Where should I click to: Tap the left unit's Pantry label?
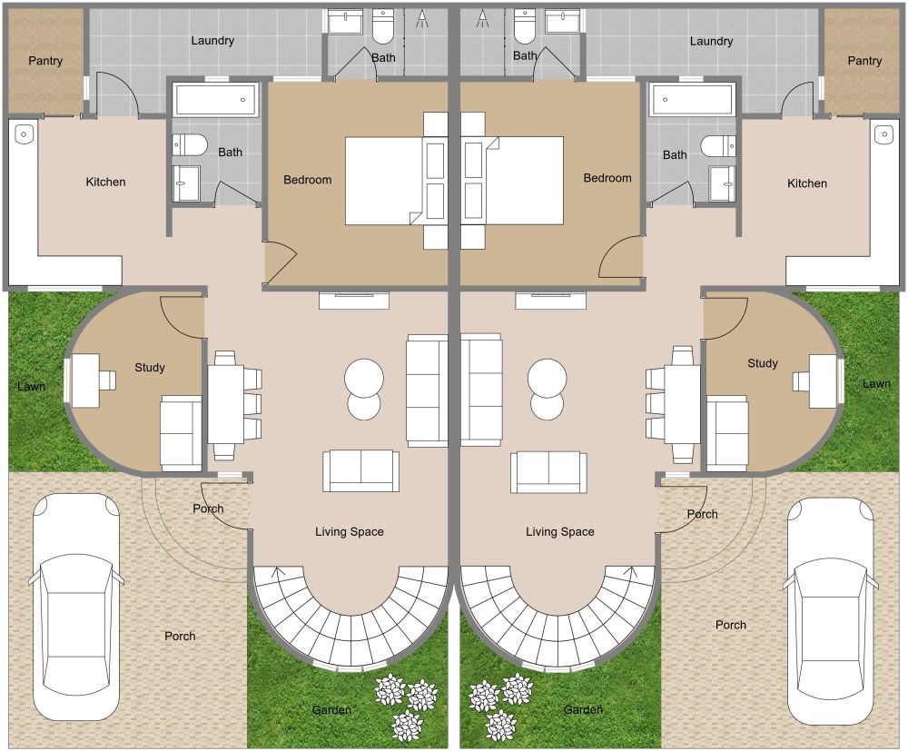(45, 61)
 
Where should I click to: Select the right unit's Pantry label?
(864, 61)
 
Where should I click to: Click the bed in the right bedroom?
(525, 180)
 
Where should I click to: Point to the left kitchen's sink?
(24, 135)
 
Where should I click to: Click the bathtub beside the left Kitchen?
(216, 99)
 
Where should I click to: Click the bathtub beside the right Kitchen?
(692, 99)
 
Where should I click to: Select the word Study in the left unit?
(150, 367)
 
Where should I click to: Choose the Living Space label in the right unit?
(560, 531)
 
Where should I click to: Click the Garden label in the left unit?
(331, 709)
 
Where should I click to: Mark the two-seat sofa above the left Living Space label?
(360, 469)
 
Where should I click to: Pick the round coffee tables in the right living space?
(548, 389)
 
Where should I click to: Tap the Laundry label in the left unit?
(213, 41)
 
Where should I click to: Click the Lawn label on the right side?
(876, 383)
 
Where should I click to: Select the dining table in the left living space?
(225, 403)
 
